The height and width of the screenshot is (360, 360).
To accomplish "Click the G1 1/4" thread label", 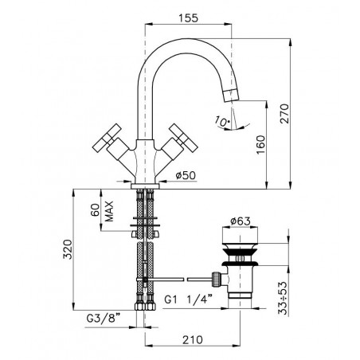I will point(188,299).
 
